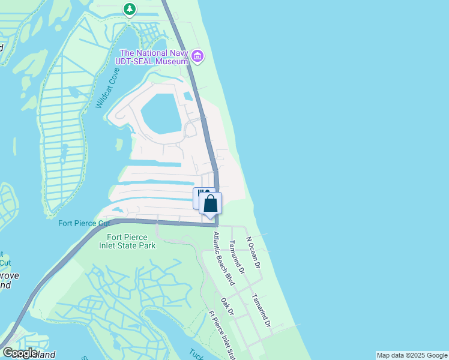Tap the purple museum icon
tap(197, 58)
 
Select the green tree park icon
tap(129, 8)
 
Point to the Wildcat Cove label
tap(107, 88)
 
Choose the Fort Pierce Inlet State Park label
tap(127, 241)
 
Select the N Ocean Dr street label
tap(254, 252)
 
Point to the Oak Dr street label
tap(226, 307)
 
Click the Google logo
tap(19, 352)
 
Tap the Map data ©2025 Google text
tap(412, 355)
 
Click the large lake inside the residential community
tap(160, 113)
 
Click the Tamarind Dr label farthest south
tap(262, 310)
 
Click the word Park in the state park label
tap(146, 245)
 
